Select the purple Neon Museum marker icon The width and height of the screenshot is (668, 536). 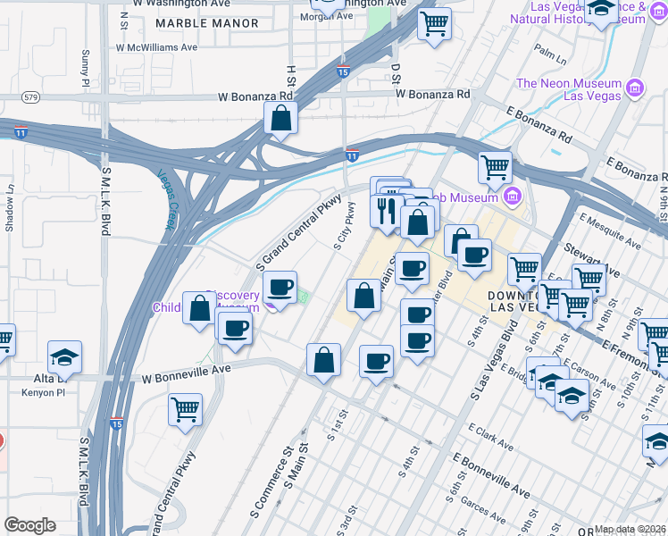coord(635,88)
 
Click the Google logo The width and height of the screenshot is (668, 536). coord(29,525)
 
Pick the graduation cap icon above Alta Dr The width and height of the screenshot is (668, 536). coord(65,357)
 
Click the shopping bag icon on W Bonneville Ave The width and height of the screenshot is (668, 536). coord(323,360)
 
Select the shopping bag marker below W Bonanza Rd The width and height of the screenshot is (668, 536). coord(280,119)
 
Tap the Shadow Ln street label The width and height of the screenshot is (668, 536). coord(11,209)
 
